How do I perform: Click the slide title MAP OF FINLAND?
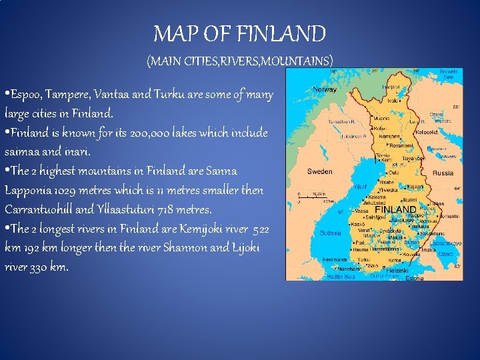(239, 33)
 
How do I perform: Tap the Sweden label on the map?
(319, 171)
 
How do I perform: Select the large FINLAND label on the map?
(395, 209)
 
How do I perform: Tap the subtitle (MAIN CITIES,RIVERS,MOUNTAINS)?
(239, 61)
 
